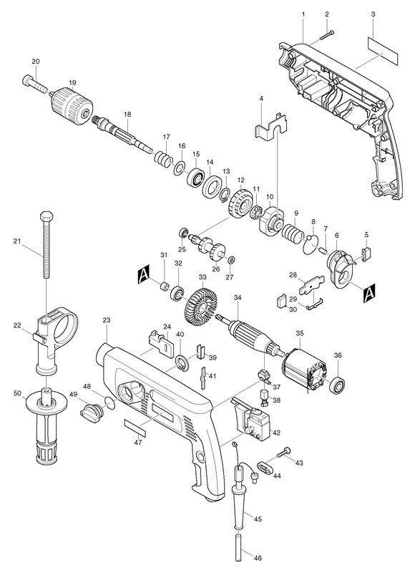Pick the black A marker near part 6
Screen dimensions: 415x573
pyautogui.click(x=369, y=292)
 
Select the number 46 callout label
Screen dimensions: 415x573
pyautogui.click(x=258, y=558)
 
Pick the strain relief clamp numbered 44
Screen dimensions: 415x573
pyautogui.click(x=266, y=467)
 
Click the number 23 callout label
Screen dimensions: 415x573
pyautogui.click(x=106, y=320)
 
